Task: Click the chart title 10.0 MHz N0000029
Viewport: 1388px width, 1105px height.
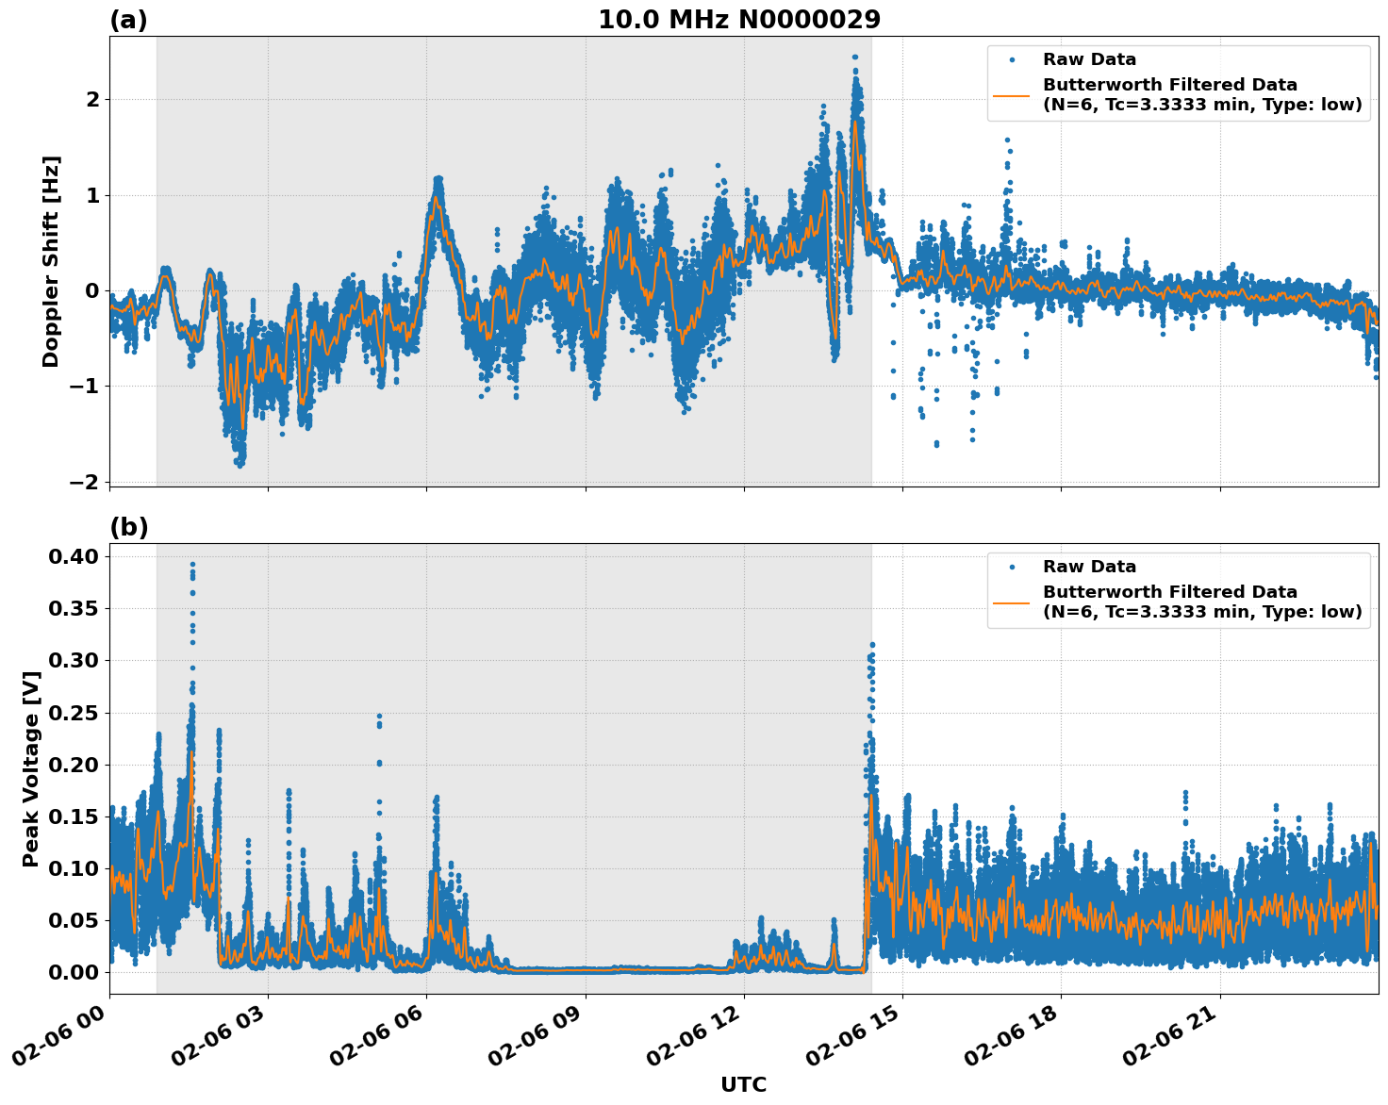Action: click(x=739, y=20)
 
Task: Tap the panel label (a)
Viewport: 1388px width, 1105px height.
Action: click(x=128, y=20)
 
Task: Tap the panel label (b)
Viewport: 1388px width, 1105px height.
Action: click(x=128, y=527)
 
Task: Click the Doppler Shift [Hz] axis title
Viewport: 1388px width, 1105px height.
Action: click(x=51, y=261)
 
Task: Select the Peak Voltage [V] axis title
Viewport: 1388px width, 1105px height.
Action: click(x=31, y=768)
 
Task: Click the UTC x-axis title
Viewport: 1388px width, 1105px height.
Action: click(x=743, y=1084)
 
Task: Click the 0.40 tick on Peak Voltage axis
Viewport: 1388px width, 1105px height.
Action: click(x=74, y=556)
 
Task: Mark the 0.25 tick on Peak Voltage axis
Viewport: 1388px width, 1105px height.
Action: click(x=74, y=713)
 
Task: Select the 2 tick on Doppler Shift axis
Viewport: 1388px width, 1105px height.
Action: click(x=92, y=99)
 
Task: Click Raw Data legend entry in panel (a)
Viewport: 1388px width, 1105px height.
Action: click(x=1089, y=59)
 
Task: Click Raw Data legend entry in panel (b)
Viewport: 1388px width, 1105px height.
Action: click(x=1089, y=567)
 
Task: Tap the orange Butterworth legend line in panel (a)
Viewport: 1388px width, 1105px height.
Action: click(x=1012, y=95)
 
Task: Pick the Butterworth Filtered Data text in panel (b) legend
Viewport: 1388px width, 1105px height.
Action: click(x=1169, y=592)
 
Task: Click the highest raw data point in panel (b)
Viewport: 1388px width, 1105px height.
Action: click(x=192, y=564)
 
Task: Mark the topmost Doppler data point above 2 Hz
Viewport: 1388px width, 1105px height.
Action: click(x=854, y=57)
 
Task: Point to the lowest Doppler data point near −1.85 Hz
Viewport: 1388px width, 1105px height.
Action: click(x=240, y=465)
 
